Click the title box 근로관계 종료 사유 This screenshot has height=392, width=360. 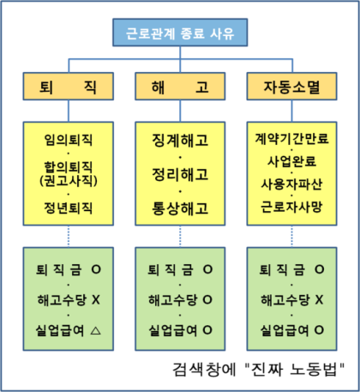pyautogui.click(x=180, y=33)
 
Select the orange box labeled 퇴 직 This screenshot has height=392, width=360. pyautogui.click(x=69, y=87)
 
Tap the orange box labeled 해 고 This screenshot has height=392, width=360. pyautogui.click(x=180, y=87)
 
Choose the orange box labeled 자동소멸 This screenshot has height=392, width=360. pyautogui.click(x=291, y=87)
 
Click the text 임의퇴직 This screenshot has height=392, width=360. pyautogui.click(x=69, y=140)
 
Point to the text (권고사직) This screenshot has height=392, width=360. pyautogui.click(x=69, y=180)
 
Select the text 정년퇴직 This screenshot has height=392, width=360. pyautogui.click(x=69, y=208)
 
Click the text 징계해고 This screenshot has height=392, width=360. pyautogui.click(x=180, y=141)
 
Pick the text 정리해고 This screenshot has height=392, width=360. pyautogui.click(x=180, y=174)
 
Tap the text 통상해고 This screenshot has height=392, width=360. pyautogui.click(x=180, y=208)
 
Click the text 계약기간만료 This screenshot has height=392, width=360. pyautogui.click(x=291, y=138)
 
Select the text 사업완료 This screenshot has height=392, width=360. pyautogui.click(x=291, y=161)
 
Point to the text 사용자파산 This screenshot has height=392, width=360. pyautogui.click(x=291, y=184)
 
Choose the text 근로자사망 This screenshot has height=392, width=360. pyautogui.click(x=291, y=207)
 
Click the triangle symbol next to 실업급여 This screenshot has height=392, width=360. pyautogui.click(x=96, y=331)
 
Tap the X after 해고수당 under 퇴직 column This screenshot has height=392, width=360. pyautogui.click(x=96, y=299)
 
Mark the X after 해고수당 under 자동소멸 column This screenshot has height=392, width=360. pyautogui.click(x=319, y=299)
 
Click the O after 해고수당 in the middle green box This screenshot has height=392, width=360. pyautogui.click(x=207, y=299)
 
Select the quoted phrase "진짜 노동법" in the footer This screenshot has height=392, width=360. pyautogui.click(x=295, y=370)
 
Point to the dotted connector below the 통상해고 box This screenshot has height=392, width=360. pyautogui.click(x=180, y=237)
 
